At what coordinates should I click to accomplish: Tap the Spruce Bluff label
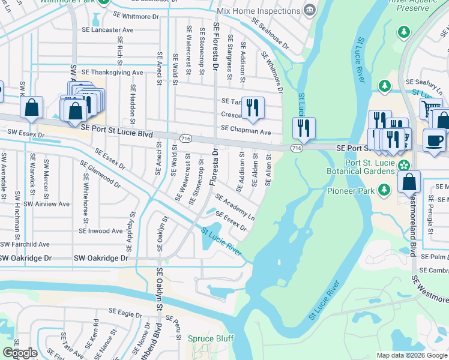(210, 338)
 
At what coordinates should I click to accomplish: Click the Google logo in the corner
(20, 353)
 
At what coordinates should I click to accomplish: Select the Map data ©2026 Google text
(412, 355)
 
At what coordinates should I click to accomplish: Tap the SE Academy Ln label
(235, 208)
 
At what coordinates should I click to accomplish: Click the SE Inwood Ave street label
(101, 231)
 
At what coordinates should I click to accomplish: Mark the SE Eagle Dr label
(125, 313)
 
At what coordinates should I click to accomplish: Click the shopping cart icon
(430, 109)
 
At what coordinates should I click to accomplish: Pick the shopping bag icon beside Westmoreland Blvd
(408, 181)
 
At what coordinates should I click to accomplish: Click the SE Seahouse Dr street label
(270, 34)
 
